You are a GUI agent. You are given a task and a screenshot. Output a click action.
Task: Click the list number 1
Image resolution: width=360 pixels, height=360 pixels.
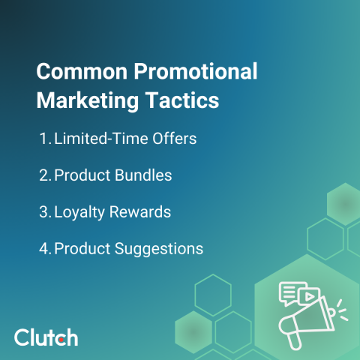click(43, 139)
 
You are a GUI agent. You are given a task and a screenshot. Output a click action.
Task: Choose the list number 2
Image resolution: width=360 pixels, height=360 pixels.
click(43, 176)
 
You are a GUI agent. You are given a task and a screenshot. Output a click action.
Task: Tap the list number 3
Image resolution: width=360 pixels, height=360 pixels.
click(43, 212)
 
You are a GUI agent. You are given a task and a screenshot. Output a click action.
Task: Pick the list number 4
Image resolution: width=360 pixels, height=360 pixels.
click(43, 248)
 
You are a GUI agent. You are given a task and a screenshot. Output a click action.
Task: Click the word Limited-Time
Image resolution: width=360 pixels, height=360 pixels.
click(98, 139)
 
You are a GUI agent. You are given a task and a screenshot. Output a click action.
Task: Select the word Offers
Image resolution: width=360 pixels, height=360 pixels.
click(175, 139)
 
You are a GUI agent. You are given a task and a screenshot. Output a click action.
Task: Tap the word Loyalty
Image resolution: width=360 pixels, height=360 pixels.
click(79, 213)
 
